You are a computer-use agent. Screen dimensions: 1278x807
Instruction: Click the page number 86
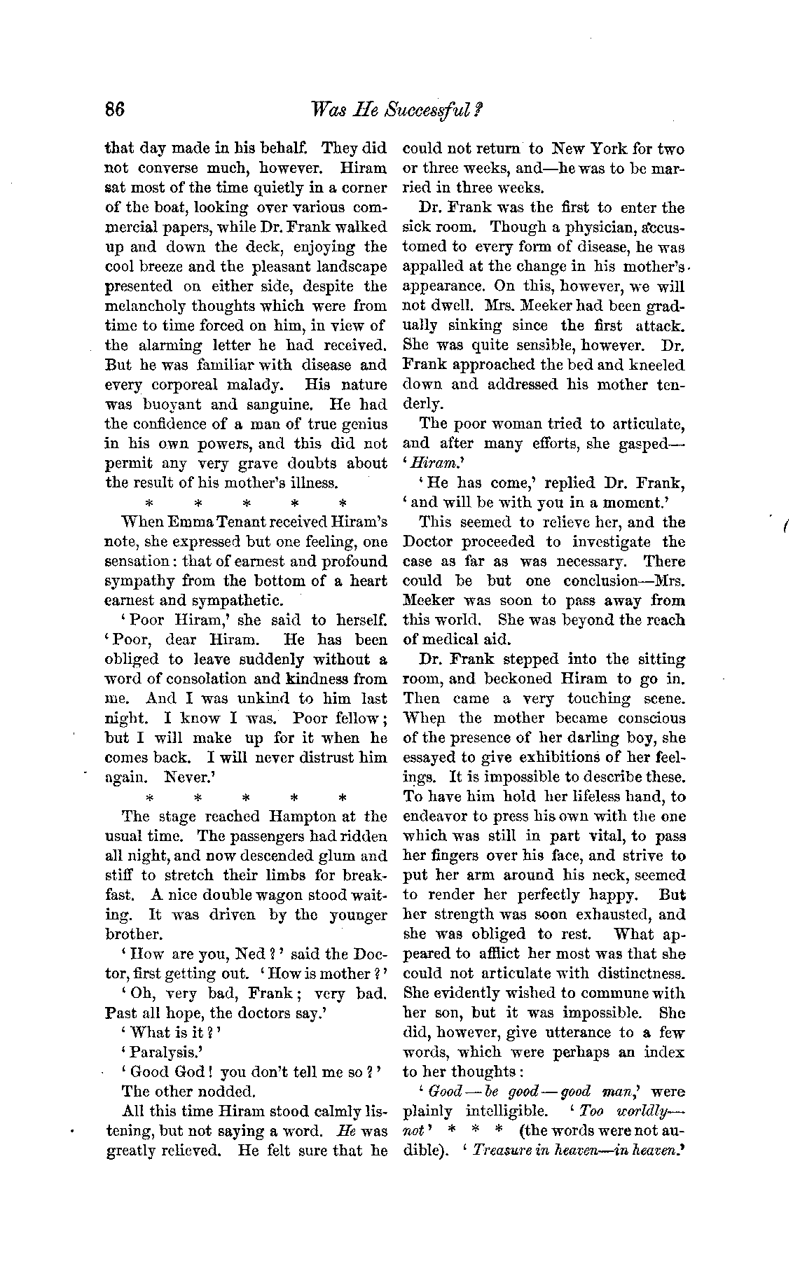point(114,110)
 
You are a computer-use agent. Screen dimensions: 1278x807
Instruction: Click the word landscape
point(346,268)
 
